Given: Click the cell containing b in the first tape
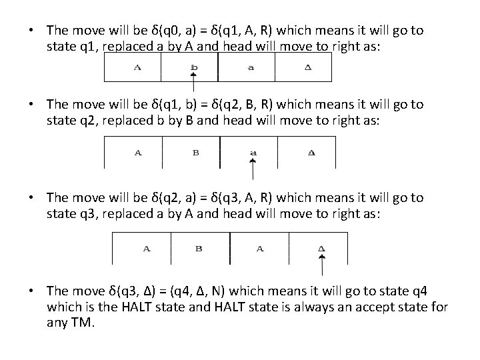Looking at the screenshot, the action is coord(193,67).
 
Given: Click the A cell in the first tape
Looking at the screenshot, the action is coord(137,67).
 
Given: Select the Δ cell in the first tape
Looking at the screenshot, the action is coord(308,67).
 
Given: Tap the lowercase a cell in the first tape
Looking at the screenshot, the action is coord(251,67).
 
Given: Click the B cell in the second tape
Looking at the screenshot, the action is coord(196,153).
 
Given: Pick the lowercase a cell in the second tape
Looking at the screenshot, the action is coord(253,153).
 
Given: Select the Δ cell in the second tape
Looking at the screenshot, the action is coord(312,153).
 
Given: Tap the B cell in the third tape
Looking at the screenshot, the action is coord(199,249).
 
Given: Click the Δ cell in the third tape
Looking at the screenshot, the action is coord(321,249).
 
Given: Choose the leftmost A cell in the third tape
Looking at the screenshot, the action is coord(146,249).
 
